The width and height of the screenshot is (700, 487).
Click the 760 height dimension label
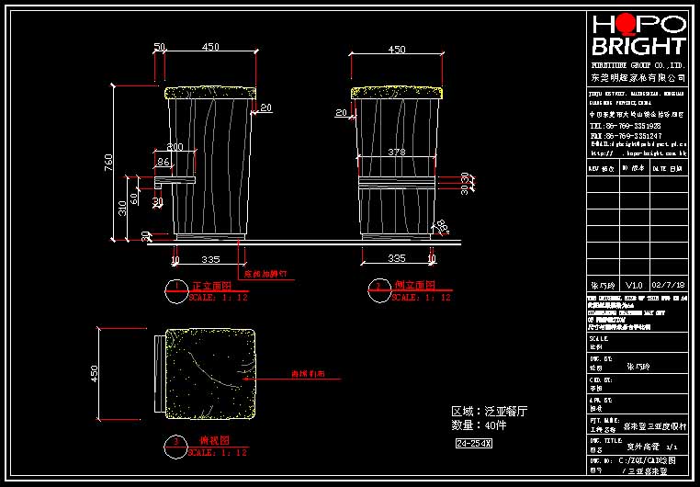[108, 163]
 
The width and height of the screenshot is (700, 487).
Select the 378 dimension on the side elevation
[396, 152]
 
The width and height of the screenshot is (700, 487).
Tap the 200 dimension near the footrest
[175, 147]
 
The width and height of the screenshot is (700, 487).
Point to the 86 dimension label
[164, 162]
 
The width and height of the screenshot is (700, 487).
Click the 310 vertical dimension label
[122, 208]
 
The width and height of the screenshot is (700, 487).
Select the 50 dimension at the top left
[159, 47]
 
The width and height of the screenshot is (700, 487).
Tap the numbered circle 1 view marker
[176, 287]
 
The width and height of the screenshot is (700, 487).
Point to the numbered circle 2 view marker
[377, 287]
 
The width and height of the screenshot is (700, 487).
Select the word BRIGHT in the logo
[638, 47]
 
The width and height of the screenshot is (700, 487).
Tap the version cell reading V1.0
[635, 286]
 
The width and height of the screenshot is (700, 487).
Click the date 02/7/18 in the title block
[666, 286]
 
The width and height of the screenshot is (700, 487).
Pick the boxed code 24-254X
[474, 444]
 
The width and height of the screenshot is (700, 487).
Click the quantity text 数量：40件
[480, 425]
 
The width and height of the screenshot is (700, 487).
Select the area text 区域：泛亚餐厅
[490, 411]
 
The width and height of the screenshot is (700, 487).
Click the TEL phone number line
[625, 125]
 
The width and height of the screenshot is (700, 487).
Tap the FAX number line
[625, 135]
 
